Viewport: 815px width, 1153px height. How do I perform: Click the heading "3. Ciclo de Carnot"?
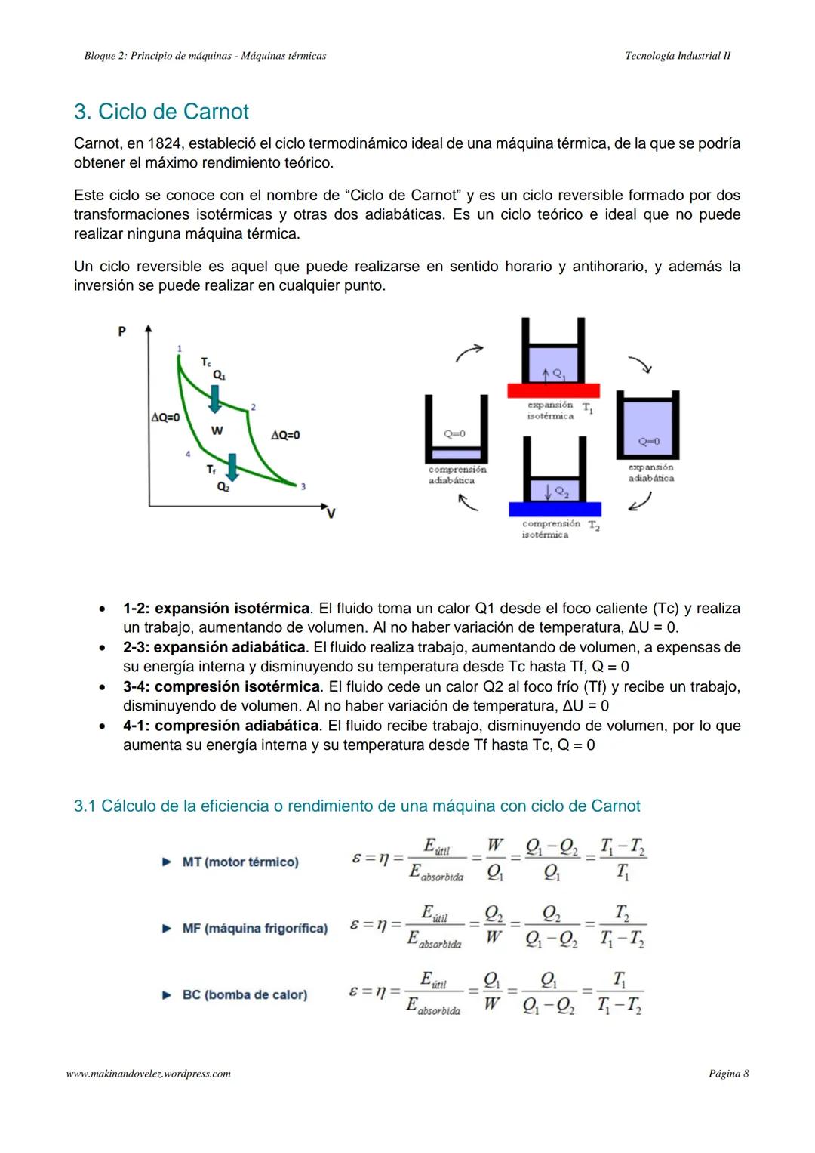(161, 112)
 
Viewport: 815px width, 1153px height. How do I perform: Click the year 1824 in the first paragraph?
(164, 143)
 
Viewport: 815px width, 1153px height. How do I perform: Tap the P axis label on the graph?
(121, 331)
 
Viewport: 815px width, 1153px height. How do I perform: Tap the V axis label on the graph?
(331, 513)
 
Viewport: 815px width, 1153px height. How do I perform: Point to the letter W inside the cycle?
(217, 430)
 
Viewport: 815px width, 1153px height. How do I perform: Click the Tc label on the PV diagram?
(206, 362)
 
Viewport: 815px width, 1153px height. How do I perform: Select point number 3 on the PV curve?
(303, 487)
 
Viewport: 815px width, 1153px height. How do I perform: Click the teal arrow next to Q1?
(215, 398)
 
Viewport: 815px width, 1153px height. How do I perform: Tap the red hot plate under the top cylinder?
(553, 390)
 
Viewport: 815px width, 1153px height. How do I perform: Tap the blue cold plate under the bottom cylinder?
(555, 508)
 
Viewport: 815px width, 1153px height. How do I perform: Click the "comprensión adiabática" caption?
(457, 475)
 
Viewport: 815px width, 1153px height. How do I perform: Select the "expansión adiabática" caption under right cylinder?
(650, 473)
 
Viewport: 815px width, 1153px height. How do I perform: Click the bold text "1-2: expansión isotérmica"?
(217, 609)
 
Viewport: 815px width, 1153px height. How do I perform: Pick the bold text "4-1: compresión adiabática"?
(221, 726)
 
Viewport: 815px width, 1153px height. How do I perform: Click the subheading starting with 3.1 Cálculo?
(357, 806)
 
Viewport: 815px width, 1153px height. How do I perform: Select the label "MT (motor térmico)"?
(240, 862)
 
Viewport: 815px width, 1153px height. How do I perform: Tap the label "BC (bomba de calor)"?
(244, 994)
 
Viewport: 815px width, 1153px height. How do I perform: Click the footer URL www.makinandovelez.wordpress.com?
(149, 1074)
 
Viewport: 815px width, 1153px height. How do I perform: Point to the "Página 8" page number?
(728, 1074)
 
